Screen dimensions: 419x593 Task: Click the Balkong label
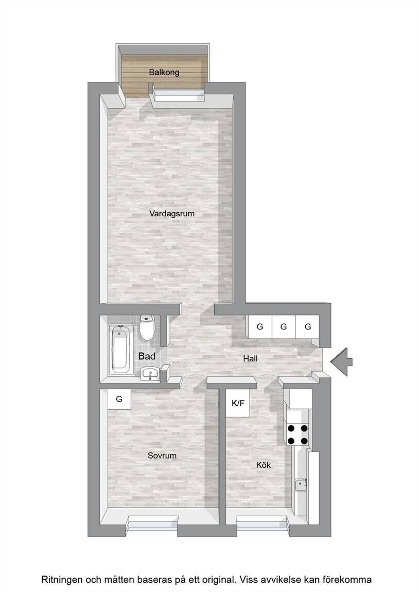164,72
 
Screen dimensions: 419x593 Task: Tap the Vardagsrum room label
172,214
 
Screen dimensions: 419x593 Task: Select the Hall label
250,358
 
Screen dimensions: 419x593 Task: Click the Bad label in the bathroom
147,356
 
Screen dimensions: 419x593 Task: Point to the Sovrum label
162,456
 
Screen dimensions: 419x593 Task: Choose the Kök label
263,465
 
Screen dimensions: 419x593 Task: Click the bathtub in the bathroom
119,350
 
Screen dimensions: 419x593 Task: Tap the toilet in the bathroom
146,327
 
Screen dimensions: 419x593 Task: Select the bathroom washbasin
150,374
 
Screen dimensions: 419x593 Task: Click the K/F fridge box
238,403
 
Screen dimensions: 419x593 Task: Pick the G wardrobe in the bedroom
119,399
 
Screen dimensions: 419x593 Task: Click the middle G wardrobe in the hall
284,327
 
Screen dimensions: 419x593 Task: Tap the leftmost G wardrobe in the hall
260,327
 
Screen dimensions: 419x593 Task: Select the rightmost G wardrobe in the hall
307,327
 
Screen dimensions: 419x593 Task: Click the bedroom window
153,526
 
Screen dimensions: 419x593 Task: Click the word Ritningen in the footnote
62,580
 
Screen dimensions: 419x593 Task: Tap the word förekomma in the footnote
350,580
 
